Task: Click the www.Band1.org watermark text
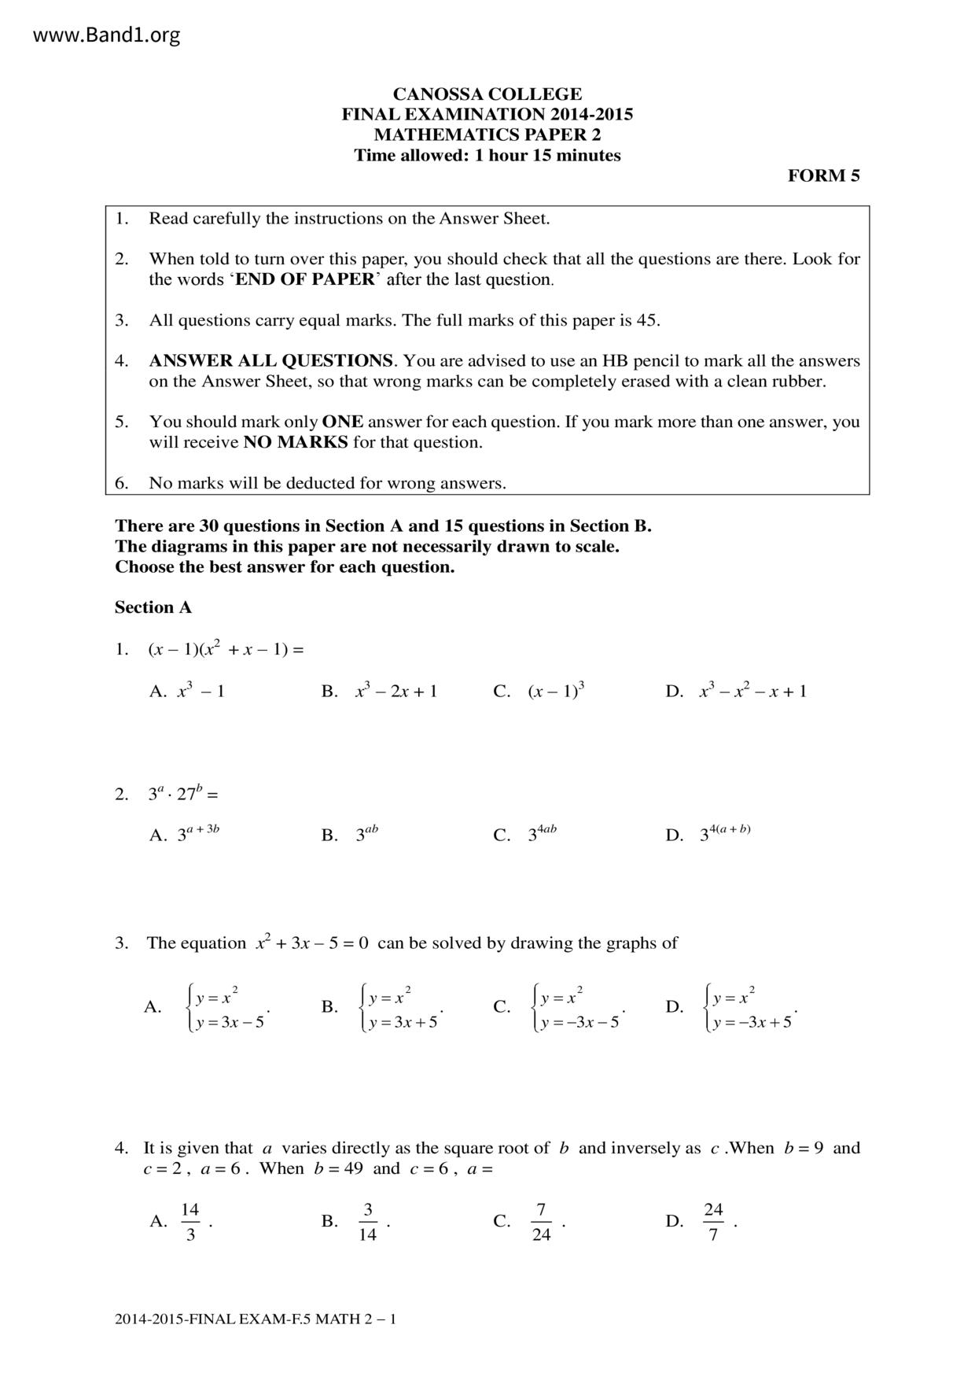coord(107,35)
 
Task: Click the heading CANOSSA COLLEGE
coord(487,94)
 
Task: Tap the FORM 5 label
coord(823,175)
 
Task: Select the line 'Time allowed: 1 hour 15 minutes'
coord(487,155)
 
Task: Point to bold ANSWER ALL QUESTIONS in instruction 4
coord(270,360)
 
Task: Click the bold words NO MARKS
coord(296,442)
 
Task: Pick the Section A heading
coord(153,607)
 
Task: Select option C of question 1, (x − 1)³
coord(555,691)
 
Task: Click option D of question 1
coord(752,691)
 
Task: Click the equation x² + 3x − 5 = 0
coord(311,943)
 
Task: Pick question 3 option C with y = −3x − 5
coord(578,1007)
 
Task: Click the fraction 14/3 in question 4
coord(190,1221)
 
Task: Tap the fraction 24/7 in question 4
coord(713,1221)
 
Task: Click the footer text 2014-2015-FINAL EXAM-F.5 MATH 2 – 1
coord(256,1319)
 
